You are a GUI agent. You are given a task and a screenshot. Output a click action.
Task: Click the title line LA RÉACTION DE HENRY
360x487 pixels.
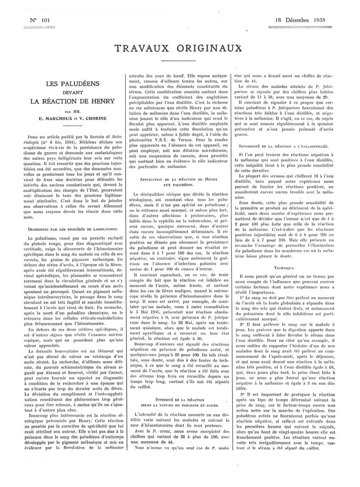(72, 101)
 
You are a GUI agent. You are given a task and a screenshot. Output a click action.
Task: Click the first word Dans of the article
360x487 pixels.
(33, 135)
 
